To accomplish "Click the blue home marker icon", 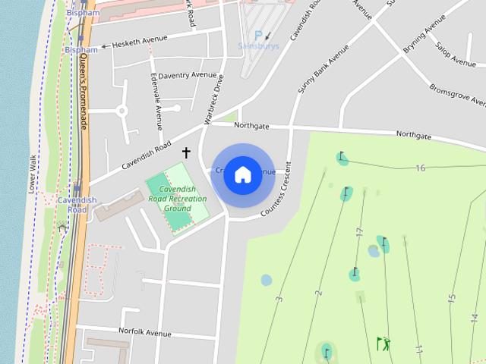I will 242,175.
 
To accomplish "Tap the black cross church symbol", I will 186,152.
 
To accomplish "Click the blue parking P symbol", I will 258,35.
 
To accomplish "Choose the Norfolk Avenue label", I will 145,332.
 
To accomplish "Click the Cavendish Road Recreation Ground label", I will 177,199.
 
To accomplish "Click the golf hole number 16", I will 420,168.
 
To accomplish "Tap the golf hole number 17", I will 360,232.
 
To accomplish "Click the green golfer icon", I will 383,344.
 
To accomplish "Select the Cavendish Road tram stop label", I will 77,205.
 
